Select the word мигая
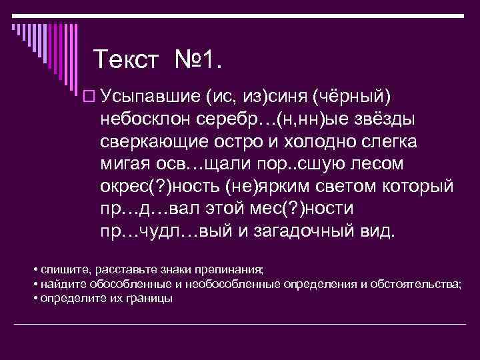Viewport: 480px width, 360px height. click(x=128, y=165)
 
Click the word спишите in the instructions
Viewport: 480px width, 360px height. click(x=63, y=270)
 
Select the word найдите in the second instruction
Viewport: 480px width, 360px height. click(x=61, y=284)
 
